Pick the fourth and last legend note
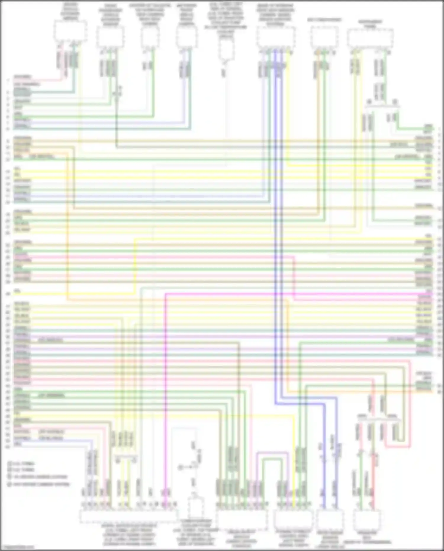pyautogui.click(x=38, y=484)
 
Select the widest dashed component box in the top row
pyautogui.click(x=370, y=38)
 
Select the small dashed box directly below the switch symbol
pyautogui.click(x=195, y=508)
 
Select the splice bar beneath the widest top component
pyautogui.click(x=382, y=104)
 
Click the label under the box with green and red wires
pyautogui.click(x=367, y=537)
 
